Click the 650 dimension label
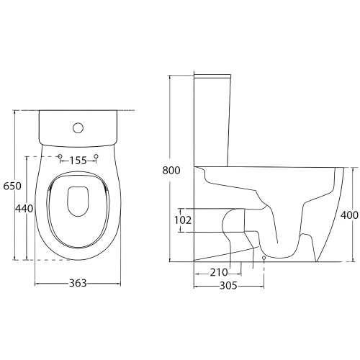[12, 186]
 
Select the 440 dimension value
[24, 208]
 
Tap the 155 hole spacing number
[78, 161]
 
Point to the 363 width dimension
[78, 283]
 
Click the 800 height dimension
[171, 170]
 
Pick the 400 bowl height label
[349, 215]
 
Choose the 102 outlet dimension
[183, 220]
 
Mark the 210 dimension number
[219, 272]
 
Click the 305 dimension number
[228, 286]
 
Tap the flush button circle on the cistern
[78, 128]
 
